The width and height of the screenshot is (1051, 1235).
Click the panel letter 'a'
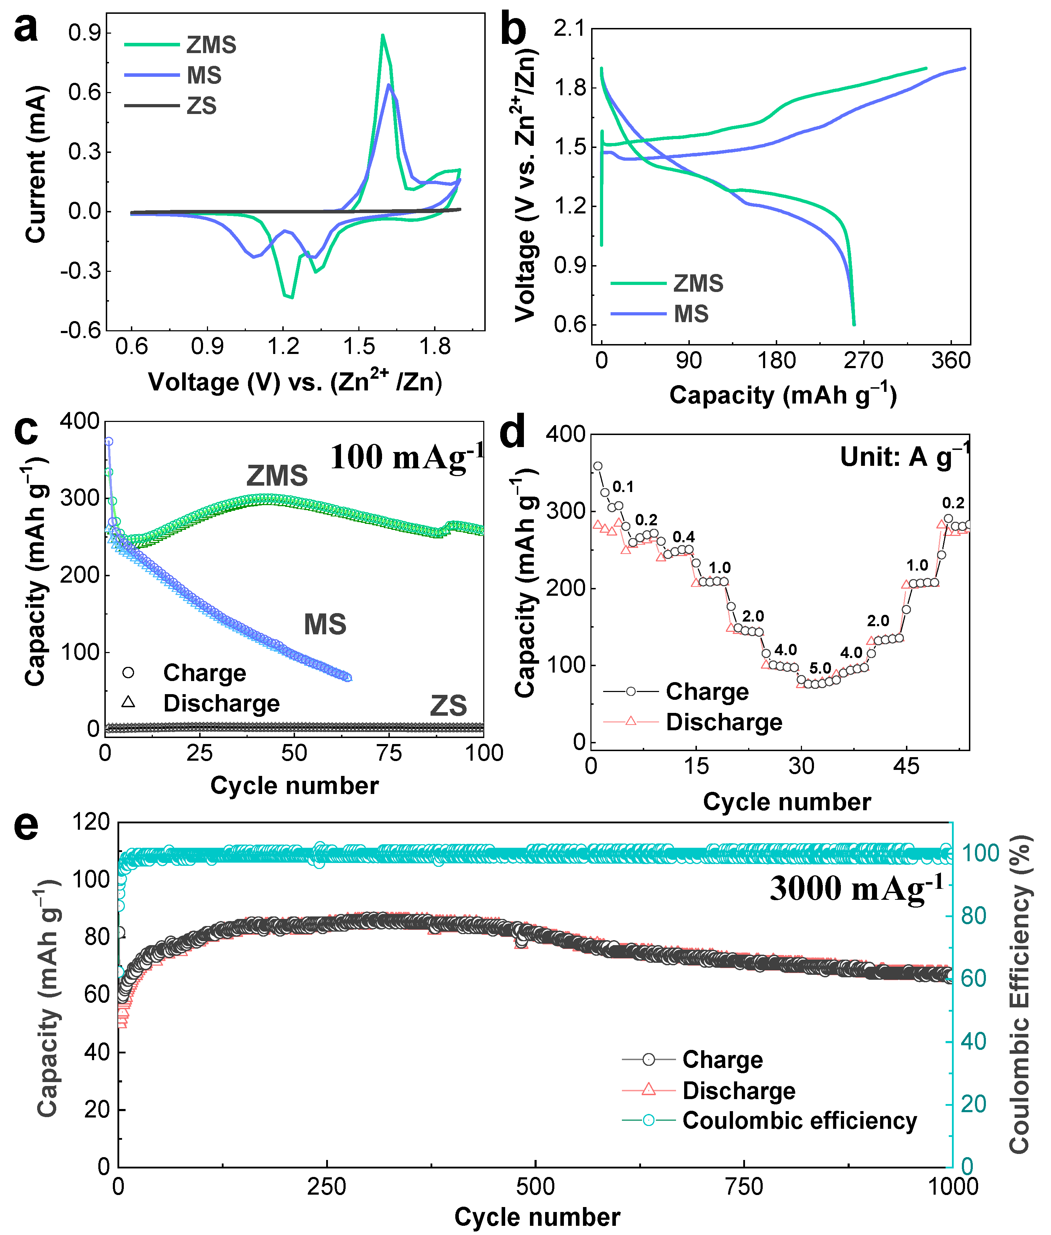coord(25,29)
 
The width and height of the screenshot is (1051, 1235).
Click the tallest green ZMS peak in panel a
coord(382,36)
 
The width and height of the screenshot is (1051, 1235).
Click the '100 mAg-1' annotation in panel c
coord(406,458)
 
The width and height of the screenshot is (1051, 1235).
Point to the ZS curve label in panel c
coord(448,706)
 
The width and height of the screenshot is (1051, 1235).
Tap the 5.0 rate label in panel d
coord(820,668)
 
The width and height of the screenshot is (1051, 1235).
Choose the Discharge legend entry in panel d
coord(723,722)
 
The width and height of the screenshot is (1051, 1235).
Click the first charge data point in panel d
coord(597,466)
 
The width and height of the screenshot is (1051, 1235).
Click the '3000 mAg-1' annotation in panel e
coord(856,888)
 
